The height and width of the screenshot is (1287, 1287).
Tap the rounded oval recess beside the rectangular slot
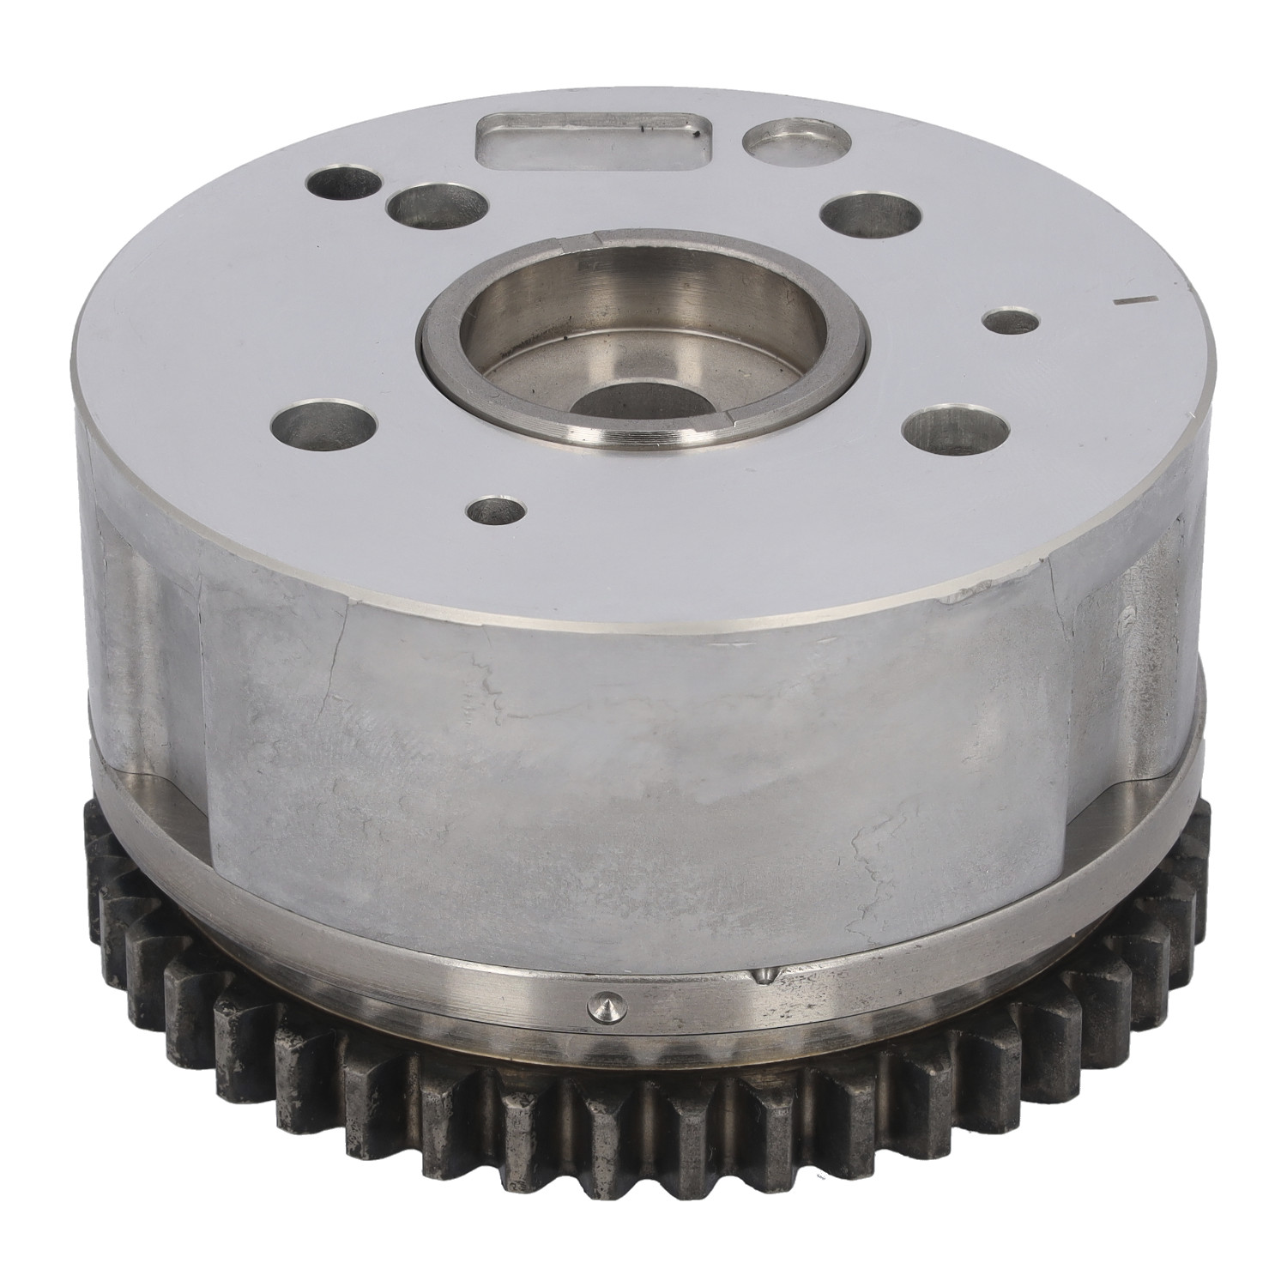pyautogui.click(x=795, y=142)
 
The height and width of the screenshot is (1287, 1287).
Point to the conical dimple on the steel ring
pyautogui.click(x=605, y=1009)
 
